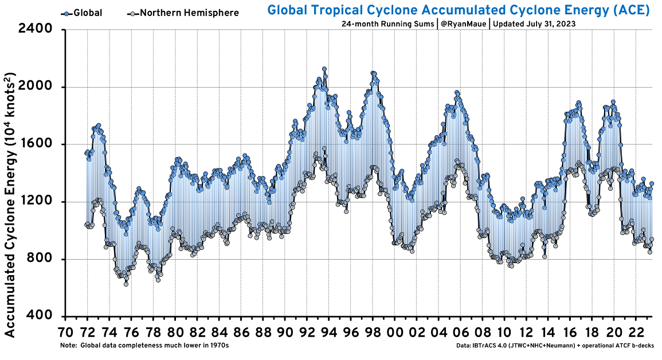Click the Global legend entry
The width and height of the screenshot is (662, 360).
81,13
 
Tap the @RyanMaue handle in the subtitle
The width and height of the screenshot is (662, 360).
463,24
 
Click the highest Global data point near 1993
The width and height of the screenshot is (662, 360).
324,69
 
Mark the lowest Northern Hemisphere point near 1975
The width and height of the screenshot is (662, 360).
126,284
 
